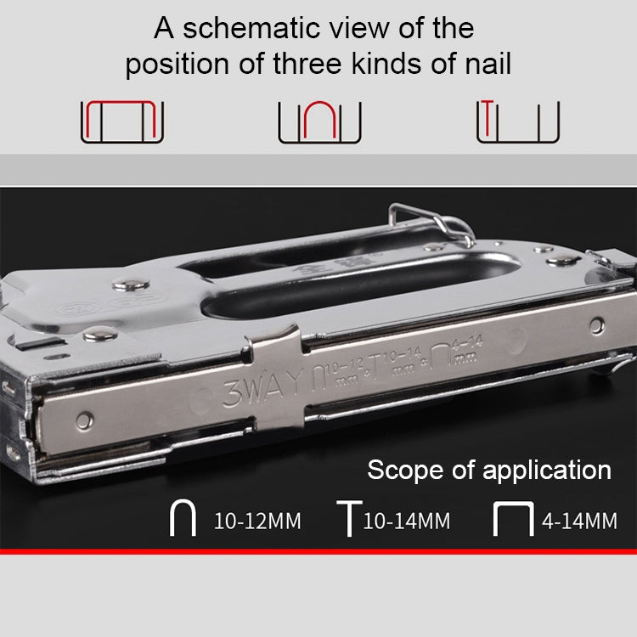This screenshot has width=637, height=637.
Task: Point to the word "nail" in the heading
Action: [x=484, y=65]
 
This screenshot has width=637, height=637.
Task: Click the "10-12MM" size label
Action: [x=256, y=521]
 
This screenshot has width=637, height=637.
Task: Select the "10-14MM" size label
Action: [x=406, y=521]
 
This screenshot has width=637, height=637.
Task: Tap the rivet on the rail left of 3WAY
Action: [x=84, y=420]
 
